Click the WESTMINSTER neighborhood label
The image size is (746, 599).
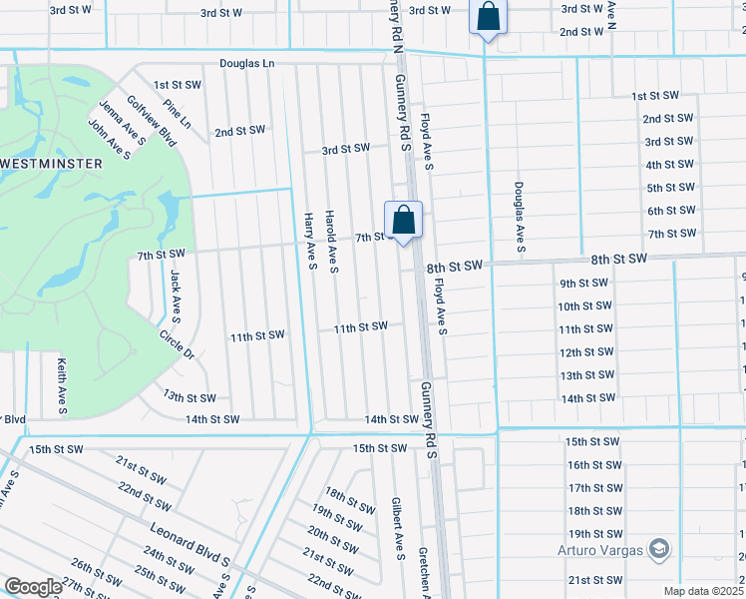coord(50,163)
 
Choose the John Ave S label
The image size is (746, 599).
coord(109,139)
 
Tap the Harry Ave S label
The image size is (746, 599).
coord(310,241)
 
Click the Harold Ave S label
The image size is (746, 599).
coord(333,242)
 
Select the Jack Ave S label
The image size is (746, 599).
coord(176,296)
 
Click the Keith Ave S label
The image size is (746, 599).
coord(62,386)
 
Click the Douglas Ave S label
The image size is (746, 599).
coord(519,216)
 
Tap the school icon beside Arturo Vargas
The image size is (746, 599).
coord(657,548)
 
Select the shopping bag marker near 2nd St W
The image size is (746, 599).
coord(489,17)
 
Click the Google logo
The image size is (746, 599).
coord(34,587)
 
